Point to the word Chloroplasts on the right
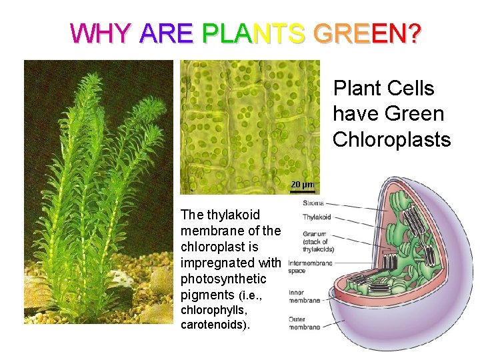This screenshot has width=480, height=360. pyautogui.click(x=391, y=139)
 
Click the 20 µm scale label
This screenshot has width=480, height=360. pyautogui.click(x=301, y=183)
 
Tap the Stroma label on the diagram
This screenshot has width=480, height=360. pyautogui.click(x=313, y=203)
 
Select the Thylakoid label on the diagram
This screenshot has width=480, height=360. pyautogui.click(x=317, y=217)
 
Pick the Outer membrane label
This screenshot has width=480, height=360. pyautogui.click(x=304, y=322)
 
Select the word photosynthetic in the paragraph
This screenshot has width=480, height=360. pyautogui.click(x=223, y=279)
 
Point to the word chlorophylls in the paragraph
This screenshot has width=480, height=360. pyautogui.click(x=209, y=310)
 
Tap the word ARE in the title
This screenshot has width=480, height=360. pyautogui.click(x=167, y=33)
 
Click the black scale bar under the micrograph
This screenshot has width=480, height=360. pyautogui.click(x=301, y=191)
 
